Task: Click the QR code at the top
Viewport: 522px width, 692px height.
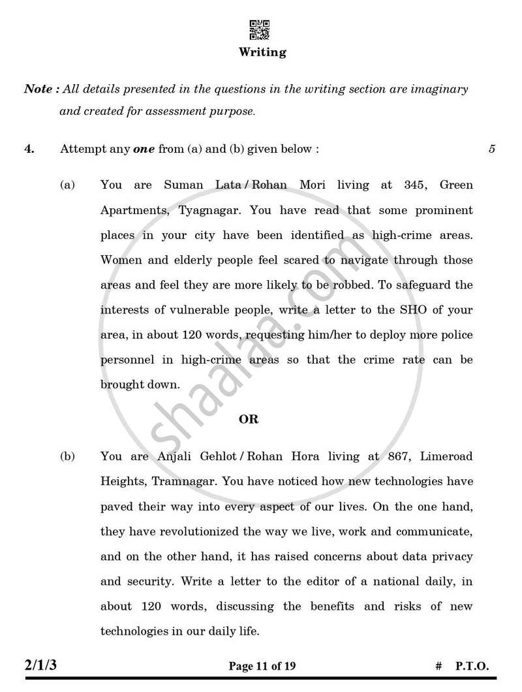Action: coord(260,30)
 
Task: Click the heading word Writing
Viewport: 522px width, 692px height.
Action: coord(262,52)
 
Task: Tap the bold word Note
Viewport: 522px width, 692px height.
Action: coord(38,89)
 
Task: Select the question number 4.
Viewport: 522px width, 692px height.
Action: coord(29,149)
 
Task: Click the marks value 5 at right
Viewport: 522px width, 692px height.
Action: coord(491,149)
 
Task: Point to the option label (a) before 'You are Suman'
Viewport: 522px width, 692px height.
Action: coord(68,185)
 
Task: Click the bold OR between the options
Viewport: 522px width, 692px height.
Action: coord(249,420)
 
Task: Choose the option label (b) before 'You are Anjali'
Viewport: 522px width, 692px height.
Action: coord(68,457)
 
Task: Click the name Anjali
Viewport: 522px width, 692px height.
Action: coord(165,457)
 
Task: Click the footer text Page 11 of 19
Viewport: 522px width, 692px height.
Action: coord(262,667)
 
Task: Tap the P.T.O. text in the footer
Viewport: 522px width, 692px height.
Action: coord(472,667)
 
